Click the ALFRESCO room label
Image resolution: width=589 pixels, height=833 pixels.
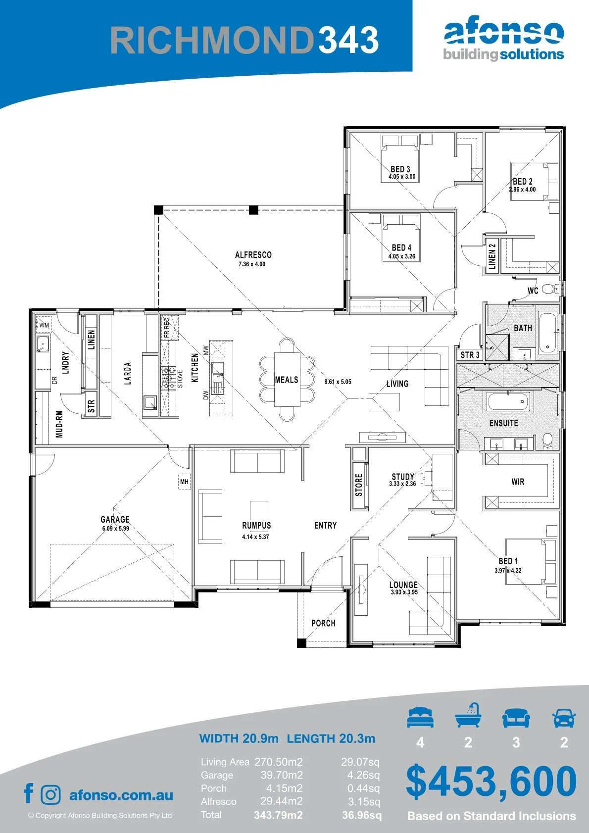253,255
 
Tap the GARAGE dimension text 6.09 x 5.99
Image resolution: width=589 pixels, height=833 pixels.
116,528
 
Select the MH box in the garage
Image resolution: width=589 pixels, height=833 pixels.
185,482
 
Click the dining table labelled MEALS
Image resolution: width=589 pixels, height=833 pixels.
287,379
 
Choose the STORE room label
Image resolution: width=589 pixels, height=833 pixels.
359,485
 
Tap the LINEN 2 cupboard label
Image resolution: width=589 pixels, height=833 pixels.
492,256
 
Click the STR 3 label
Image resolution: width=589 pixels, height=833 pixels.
470,355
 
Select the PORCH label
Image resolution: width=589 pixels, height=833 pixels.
324,623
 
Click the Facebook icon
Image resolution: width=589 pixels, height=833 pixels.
29,793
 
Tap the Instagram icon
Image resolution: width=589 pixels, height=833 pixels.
50,795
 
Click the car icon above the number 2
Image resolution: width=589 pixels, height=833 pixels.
564,718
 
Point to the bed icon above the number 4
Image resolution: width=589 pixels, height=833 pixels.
420,717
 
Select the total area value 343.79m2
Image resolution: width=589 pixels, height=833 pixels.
279,815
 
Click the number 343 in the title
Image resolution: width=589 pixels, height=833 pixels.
348,40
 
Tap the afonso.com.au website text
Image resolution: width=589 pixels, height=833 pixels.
121,795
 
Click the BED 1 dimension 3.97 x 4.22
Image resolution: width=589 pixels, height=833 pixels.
508,571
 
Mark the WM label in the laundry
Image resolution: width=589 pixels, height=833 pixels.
44,325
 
